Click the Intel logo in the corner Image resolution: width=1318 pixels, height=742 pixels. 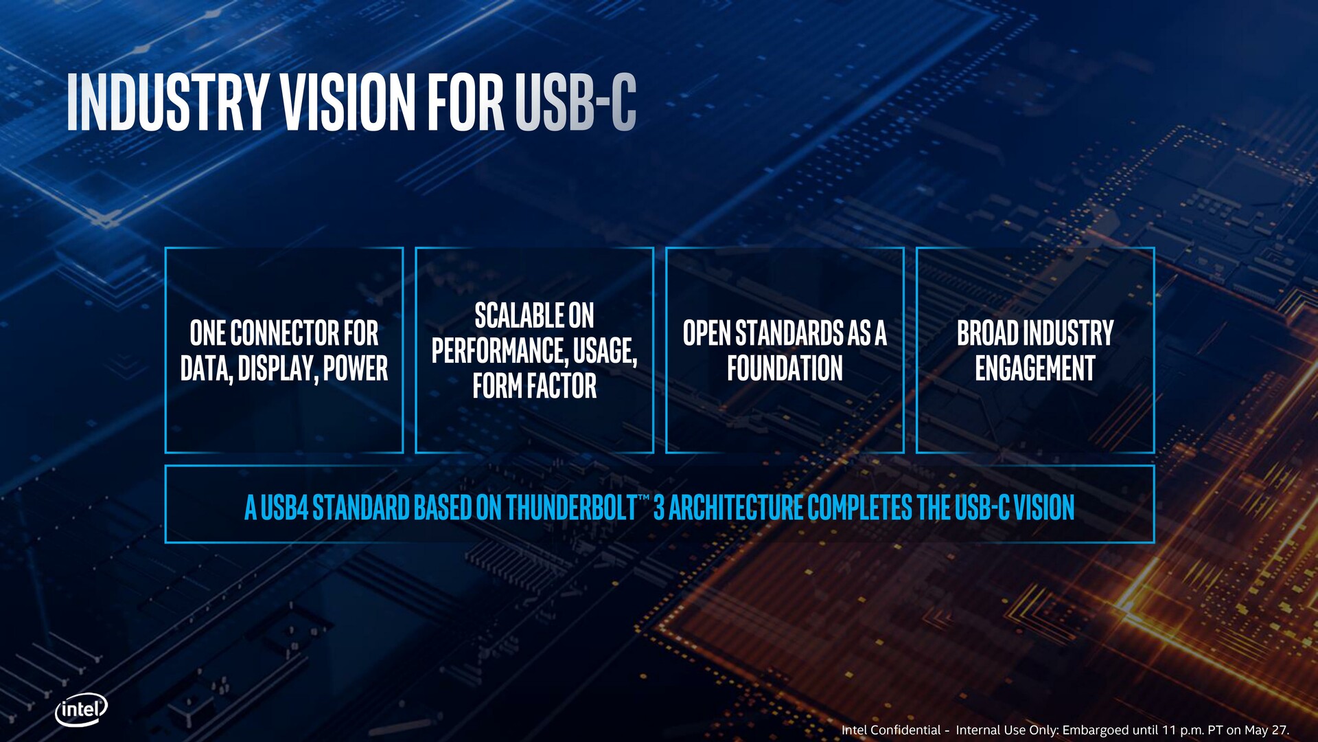(x=81, y=709)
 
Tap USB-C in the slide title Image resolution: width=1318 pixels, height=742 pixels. (x=575, y=102)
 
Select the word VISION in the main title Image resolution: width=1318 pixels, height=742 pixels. (x=349, y=102)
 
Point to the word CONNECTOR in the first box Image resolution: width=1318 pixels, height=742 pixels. (x=284, y=333)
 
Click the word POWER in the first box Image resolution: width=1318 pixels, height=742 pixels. (x=356, y=368)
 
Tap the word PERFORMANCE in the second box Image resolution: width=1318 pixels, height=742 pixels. (x=500, y=351)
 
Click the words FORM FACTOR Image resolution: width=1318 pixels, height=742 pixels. (x=535, y=386)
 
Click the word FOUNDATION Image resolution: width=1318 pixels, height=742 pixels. (x=785, y=368)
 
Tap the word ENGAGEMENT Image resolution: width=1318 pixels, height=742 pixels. (x=1035, y=368)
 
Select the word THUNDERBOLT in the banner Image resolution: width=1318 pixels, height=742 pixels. (x=572, y=508)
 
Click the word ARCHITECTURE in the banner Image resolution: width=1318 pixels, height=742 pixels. (x=736, y=508)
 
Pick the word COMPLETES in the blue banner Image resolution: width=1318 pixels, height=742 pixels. (x=860, y=508)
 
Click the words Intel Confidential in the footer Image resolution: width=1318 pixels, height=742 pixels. (x=891, y=730)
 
